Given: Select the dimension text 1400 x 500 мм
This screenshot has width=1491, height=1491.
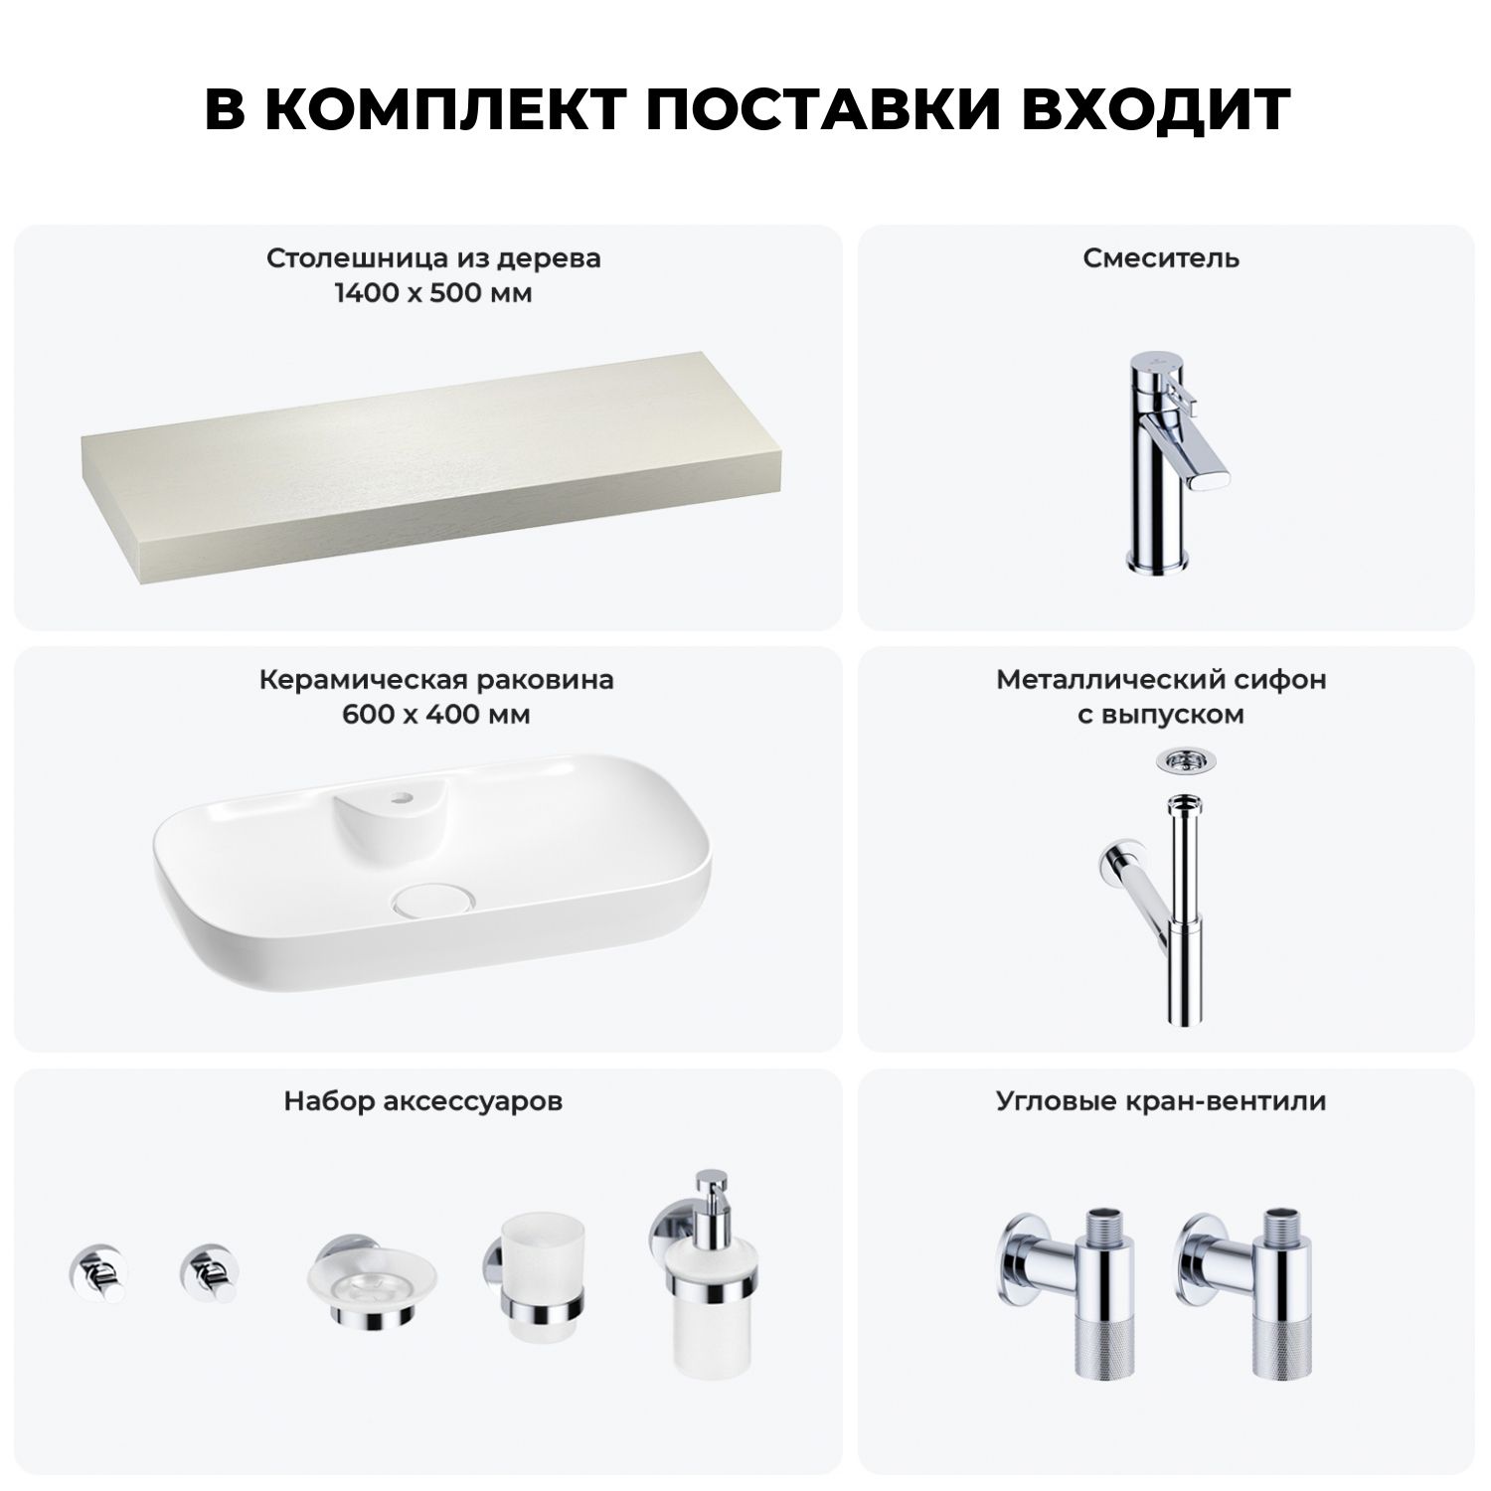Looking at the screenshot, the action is (x=433, y=293).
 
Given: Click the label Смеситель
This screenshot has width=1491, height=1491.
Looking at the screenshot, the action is (x=1161, y=258).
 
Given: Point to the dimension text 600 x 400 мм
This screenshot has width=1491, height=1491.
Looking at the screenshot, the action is (x=435, y=715).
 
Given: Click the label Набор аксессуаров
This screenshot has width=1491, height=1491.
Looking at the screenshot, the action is (x=423, y=1101).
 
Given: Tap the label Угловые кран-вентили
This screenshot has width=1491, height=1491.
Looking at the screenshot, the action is (x=1161, y=1101).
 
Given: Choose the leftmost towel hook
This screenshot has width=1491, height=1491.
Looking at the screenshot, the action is (x=97, y=1272).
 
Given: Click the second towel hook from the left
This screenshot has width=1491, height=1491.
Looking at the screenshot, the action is (x=209, y=1272).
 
